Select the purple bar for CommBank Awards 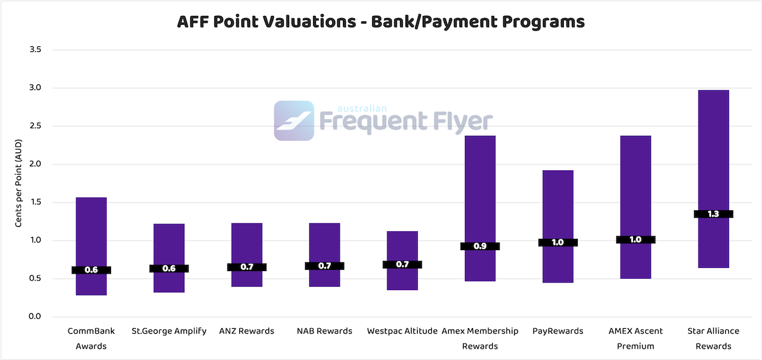coord(91,235)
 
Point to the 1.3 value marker coord(713,214)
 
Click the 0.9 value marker coord(480,246)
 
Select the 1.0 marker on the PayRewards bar coord(558,242)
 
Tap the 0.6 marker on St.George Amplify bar coord(169,269)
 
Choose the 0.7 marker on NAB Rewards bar coord(324,266)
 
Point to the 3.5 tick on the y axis coord(35,50)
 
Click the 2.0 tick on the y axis coord(35,164)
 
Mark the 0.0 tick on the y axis coord(35,316)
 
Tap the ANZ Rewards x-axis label coord(246,331)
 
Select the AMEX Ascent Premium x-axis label coord(636,338)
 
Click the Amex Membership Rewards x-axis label coord(480,338)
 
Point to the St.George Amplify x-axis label coord(169,331)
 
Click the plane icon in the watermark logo coord(294,120)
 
